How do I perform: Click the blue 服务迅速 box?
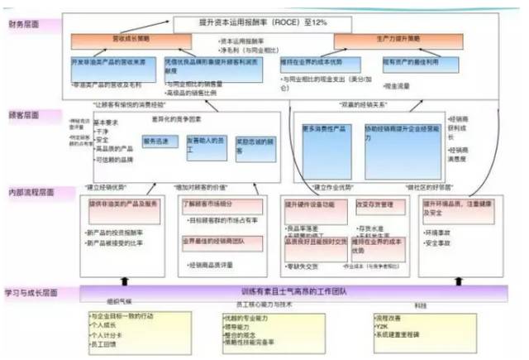coord(158,142)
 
